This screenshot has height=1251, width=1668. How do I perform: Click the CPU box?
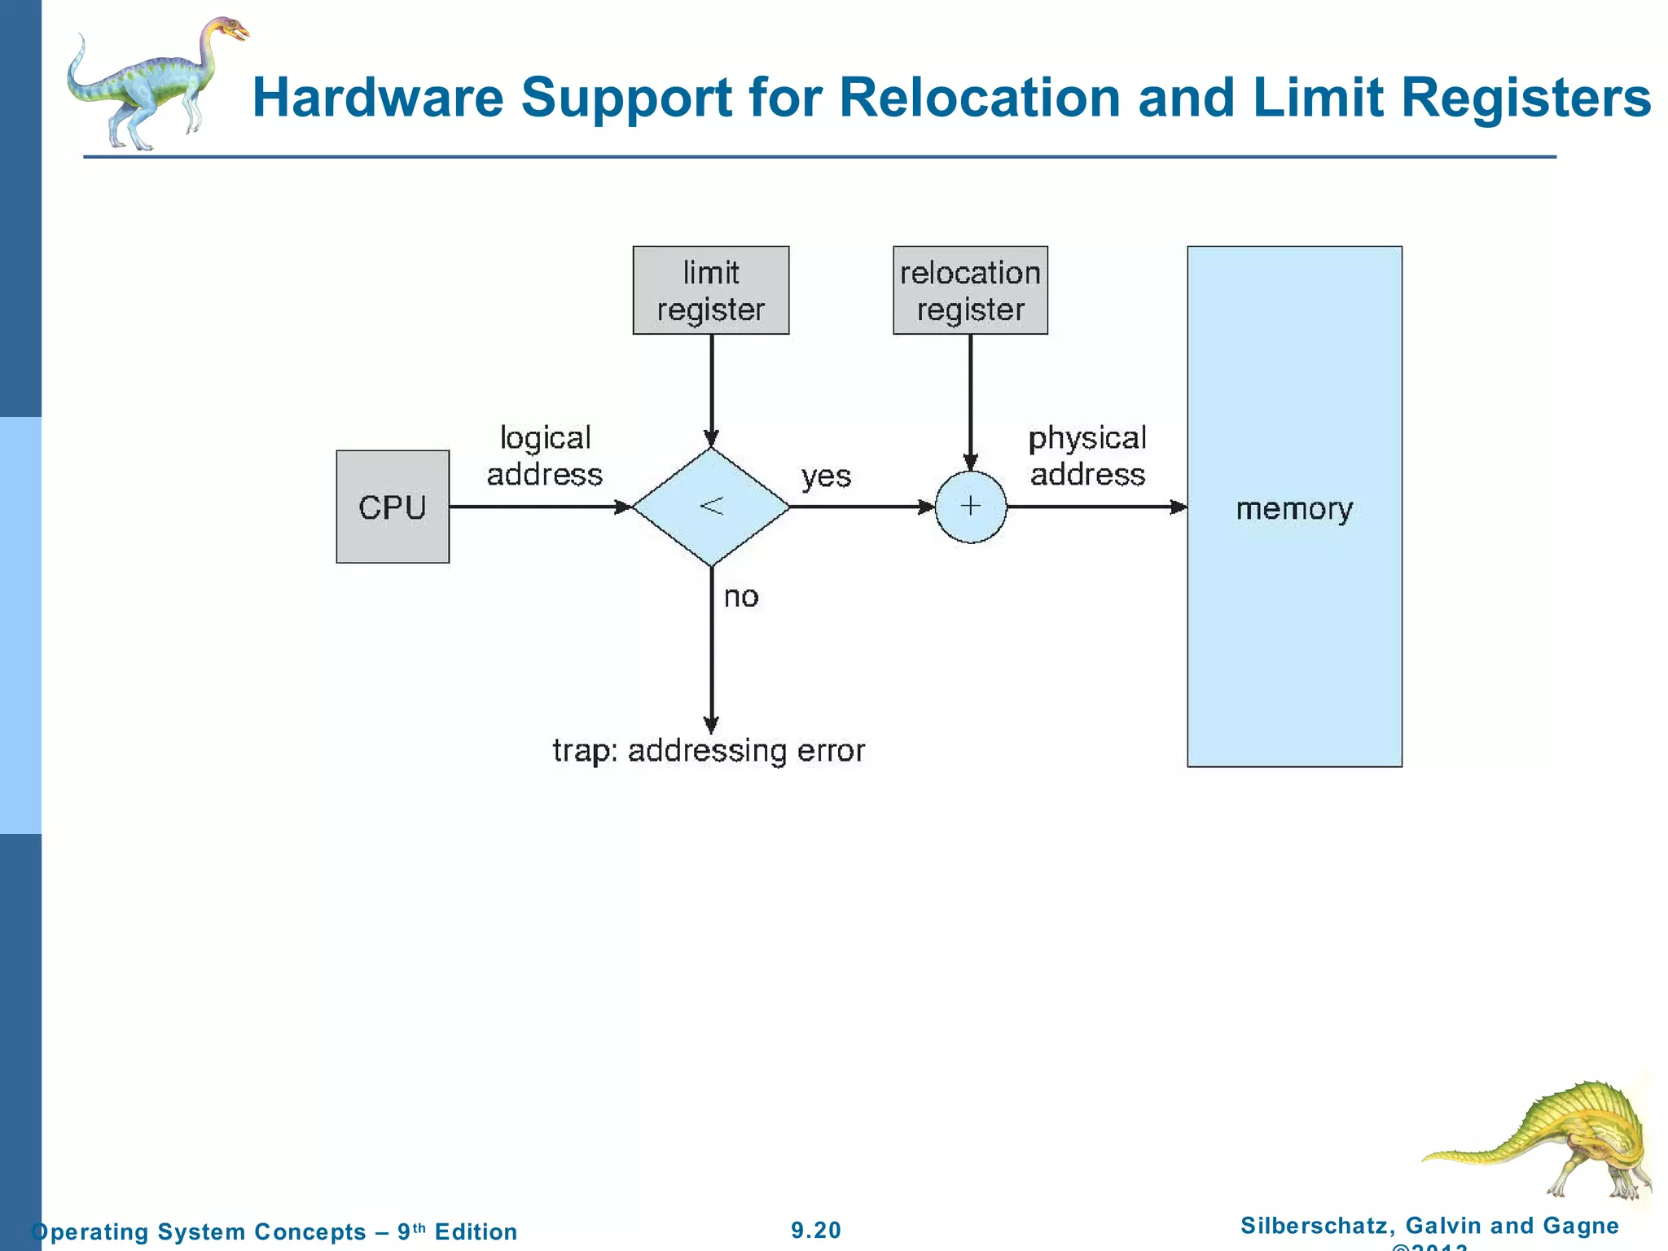[x=393, y=507]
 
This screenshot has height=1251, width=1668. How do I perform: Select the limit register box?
[x=711, y=290]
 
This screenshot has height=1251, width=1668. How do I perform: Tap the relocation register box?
[x=970, y=290]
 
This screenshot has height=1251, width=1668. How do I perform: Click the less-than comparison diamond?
[x=711, y=507]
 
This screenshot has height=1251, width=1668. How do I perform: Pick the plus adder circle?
[x=970, y=507]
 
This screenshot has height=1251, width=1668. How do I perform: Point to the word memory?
[x=1294, y=509]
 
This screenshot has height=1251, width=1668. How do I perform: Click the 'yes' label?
[x=826, y=476]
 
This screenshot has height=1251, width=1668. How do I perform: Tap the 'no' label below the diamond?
[x=741, y=597]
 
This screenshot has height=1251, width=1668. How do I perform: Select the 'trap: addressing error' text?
[x=709, y=750]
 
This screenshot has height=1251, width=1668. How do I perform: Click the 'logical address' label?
[x=545, y=456]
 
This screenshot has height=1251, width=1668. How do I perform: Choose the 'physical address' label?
[x=1087, y=456]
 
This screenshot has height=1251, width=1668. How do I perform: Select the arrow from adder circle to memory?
[x=1096, y=507]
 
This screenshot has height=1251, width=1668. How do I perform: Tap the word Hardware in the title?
[x=378, y=98]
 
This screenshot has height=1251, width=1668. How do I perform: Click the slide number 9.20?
[x=816, y=1230]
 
